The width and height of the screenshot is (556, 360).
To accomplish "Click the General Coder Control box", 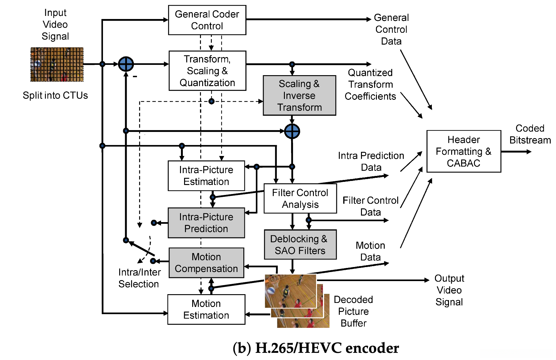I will [x=207, y=20].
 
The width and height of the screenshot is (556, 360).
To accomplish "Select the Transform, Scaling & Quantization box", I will [x=207, y=71].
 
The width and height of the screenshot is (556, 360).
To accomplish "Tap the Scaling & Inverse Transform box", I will [x=299, y=95].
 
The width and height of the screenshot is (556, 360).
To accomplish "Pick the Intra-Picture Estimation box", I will [x=206, y=176].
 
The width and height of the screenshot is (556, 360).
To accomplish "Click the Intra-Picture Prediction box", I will [x=206, y=223].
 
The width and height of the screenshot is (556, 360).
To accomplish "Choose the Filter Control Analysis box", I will [x=300, y=198].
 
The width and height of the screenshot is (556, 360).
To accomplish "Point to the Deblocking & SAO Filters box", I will [x=300, y=245].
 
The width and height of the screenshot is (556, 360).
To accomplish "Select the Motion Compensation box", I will [x=206, y=263].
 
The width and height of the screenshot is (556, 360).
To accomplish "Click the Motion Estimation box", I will [x=206, y=309].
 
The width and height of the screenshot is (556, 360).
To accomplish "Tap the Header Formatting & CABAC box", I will [x=463, y=151].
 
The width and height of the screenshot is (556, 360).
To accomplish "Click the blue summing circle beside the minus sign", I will [x=126, y=64].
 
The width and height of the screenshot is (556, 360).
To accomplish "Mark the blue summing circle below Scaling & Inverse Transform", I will [x=292, y=131].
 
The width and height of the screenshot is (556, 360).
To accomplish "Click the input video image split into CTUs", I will [x=57, y=65].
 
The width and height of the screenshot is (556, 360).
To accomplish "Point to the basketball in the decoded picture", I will [x=270, y=290].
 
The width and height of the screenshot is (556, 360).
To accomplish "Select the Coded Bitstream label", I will [x=530, y=134].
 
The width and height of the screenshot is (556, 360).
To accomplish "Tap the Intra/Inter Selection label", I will [x=139, y=278].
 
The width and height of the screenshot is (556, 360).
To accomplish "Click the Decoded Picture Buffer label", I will [x=353, y=311].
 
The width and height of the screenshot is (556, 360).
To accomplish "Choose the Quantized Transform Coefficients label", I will [x=370, y=85].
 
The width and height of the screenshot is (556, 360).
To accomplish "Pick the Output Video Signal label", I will [x=449, y=290].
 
